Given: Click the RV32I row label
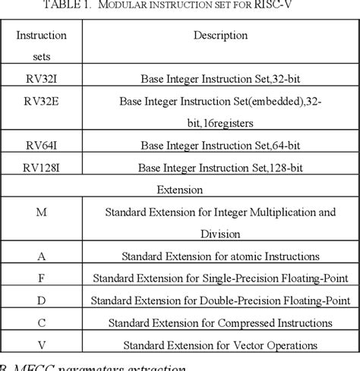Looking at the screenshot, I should tap(41, 77).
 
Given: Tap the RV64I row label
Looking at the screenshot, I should tap(41, 141).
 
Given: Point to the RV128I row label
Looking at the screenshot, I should tap(41, 165).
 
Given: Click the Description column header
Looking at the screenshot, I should tap(220, 35).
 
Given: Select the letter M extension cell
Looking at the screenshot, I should tap(41, 212).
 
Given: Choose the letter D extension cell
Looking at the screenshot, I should tap(41, 300).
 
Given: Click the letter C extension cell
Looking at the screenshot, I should tap(41, 322).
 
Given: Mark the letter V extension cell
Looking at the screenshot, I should tap(41, 344).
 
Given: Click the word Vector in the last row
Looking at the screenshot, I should tap(258, 345).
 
